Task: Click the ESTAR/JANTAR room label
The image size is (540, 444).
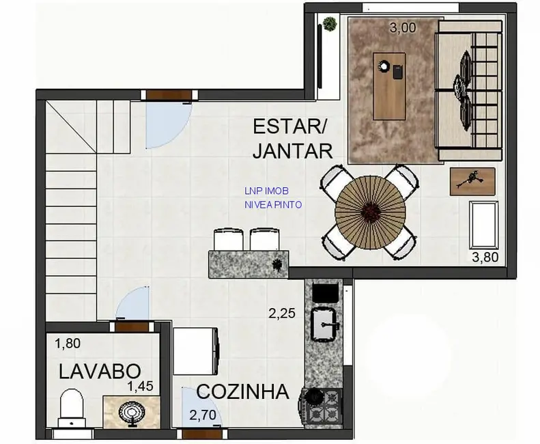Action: coord(292,139)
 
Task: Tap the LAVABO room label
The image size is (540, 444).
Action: coord(100,372)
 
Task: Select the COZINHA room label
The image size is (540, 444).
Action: coord(242,393)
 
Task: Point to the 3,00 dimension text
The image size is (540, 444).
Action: coord(403,29)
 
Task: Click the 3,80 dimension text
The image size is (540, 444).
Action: coord(486,258)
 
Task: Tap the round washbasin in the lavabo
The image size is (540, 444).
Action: coord(131,412)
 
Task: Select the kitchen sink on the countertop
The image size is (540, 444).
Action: coord(325,323)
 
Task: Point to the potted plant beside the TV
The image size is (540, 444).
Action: coord(330,23)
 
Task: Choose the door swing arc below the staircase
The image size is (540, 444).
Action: coord(133,305)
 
